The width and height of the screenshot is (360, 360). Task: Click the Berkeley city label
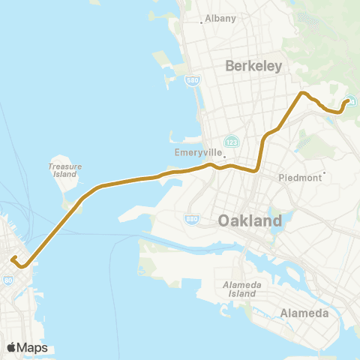tap(253, 66)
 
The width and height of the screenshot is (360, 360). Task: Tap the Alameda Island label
tap(240, 289)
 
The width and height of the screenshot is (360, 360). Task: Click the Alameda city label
tap(304, 313)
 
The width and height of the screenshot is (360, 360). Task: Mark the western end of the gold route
tap(13, 259)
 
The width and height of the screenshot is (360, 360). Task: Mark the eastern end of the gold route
tap(349, 102)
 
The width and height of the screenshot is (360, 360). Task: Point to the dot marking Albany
tap(201, 22)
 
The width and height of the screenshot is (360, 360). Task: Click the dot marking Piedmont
tap(324, 173)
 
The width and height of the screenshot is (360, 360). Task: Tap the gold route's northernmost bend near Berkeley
tap(302, 93)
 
